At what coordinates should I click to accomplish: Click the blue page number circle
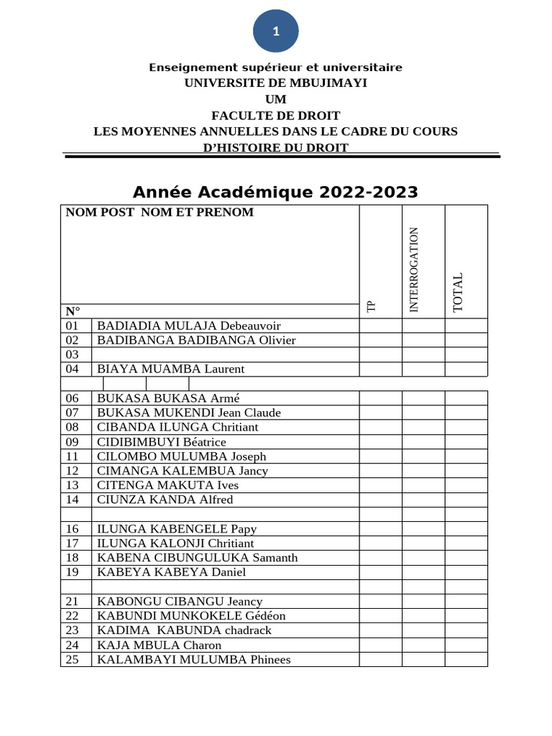coord(275,31)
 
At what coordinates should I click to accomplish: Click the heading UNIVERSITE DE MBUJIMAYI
coord(275,83)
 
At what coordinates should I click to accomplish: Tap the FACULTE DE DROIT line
coord(275,115)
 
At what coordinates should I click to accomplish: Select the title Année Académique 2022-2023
coord(275,193)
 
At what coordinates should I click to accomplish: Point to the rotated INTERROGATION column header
coord(413,270)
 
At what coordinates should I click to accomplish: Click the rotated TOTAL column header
coord(458,293)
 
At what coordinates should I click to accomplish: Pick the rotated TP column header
coord(371,306)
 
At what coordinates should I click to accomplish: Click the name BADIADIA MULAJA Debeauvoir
coord(188,326)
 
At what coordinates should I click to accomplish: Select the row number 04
coord(72,369)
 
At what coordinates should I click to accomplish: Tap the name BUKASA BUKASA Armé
coord(168,398)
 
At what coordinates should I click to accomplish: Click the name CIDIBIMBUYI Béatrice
coord(162,442)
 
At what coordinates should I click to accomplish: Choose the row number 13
coord(72,485)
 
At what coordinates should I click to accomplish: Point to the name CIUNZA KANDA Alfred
coord(165,500)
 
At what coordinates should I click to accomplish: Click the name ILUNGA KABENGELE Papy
coord(176,529)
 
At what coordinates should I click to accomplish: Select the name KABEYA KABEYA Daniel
coord(171,572)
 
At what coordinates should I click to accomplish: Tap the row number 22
coord(72,616)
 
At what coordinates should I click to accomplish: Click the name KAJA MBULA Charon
coord(159,645)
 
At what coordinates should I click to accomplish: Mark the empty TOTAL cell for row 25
coord(466,659)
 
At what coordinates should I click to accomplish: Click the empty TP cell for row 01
coord(380,326)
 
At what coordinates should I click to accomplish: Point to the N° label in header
coord(73,311)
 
